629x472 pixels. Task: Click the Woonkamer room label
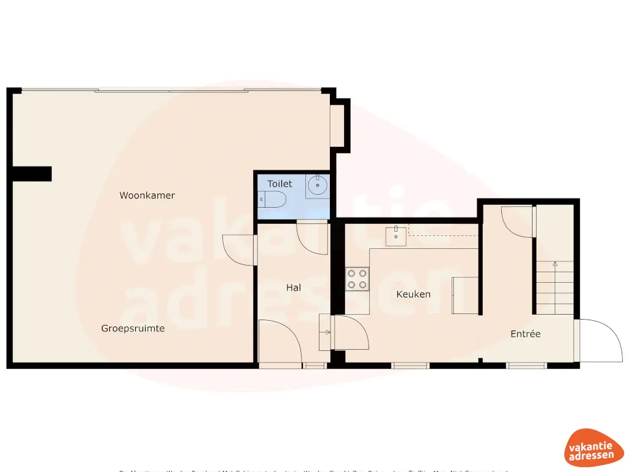coord(147,195)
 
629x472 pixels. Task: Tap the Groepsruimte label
coord(133,328)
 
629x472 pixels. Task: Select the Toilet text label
coord(279,184)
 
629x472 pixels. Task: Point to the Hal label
coord(294,287)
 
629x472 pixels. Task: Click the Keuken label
coord(413,294)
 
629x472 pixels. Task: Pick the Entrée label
coord(526,334)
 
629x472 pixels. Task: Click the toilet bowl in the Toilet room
coord(272,199)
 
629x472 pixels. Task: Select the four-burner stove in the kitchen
coord(357,278)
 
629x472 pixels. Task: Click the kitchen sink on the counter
coord(396,236)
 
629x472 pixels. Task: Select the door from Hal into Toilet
coord(312,237)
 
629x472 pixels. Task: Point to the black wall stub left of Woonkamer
coord(31,174)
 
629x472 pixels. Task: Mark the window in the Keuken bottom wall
coord(410,366)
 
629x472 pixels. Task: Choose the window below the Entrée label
coord(526,366)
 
